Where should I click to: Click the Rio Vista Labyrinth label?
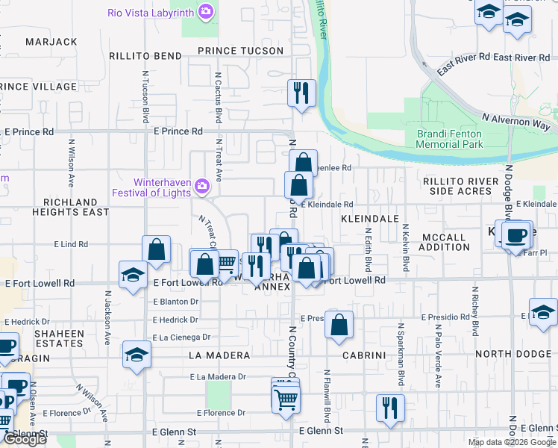(151, 13)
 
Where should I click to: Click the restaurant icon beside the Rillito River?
(301, 93)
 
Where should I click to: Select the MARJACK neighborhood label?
(51, 42)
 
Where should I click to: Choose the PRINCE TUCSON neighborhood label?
(240, 51)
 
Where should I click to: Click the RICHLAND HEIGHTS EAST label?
(70, 207)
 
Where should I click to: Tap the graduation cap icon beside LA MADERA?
(137, 355)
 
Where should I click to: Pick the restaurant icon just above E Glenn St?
(389, 407)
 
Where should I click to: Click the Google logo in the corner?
(25, 440)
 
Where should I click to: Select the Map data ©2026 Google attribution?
(511, 442)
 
